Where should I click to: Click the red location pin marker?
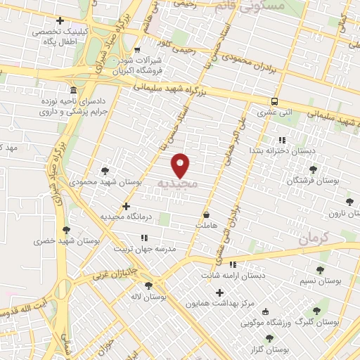181,165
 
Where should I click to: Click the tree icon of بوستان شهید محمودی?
105,170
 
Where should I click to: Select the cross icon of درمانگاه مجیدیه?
126,206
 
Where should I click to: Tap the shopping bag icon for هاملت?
207,214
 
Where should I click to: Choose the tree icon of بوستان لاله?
148,285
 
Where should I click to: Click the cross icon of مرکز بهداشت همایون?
220,292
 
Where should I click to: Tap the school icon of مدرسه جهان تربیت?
144,238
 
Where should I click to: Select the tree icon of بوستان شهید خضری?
66,229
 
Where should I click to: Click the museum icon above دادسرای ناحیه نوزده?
74,91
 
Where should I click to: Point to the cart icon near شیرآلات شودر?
137,49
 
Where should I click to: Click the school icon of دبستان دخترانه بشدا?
282,140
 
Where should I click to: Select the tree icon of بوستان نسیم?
320,269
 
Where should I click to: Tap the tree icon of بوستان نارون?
349,202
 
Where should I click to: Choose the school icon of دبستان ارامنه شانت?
233,264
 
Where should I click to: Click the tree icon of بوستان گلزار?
252,339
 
